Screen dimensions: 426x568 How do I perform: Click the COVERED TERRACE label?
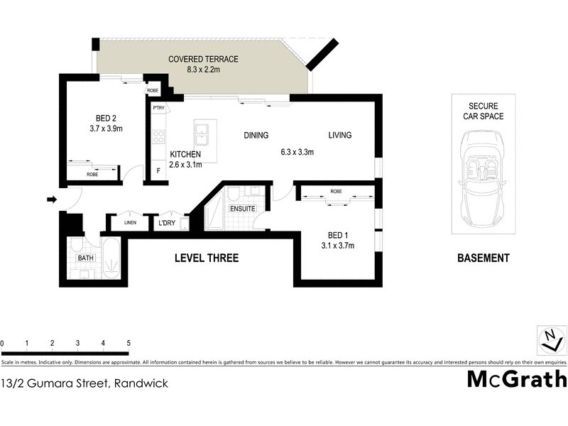[x=203, y=59]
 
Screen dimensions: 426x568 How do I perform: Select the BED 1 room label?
[x=337, y=235]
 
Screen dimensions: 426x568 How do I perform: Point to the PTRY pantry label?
[x=158, y=109]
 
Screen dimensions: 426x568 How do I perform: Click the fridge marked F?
[x=158, y=171]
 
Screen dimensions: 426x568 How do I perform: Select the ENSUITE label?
[x=243, y=209]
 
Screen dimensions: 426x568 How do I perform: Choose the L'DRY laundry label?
[x=168, y=224]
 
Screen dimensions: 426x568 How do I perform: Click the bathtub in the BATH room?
[x=111, y=261]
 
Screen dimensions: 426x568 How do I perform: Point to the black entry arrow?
[x=51, y=200]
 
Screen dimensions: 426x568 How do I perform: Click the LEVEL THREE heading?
[x=207, y=258]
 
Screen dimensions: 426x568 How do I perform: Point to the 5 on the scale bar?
[x=129, y=344]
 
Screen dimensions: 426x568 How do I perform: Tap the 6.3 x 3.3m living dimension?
[x=297, y=152]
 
